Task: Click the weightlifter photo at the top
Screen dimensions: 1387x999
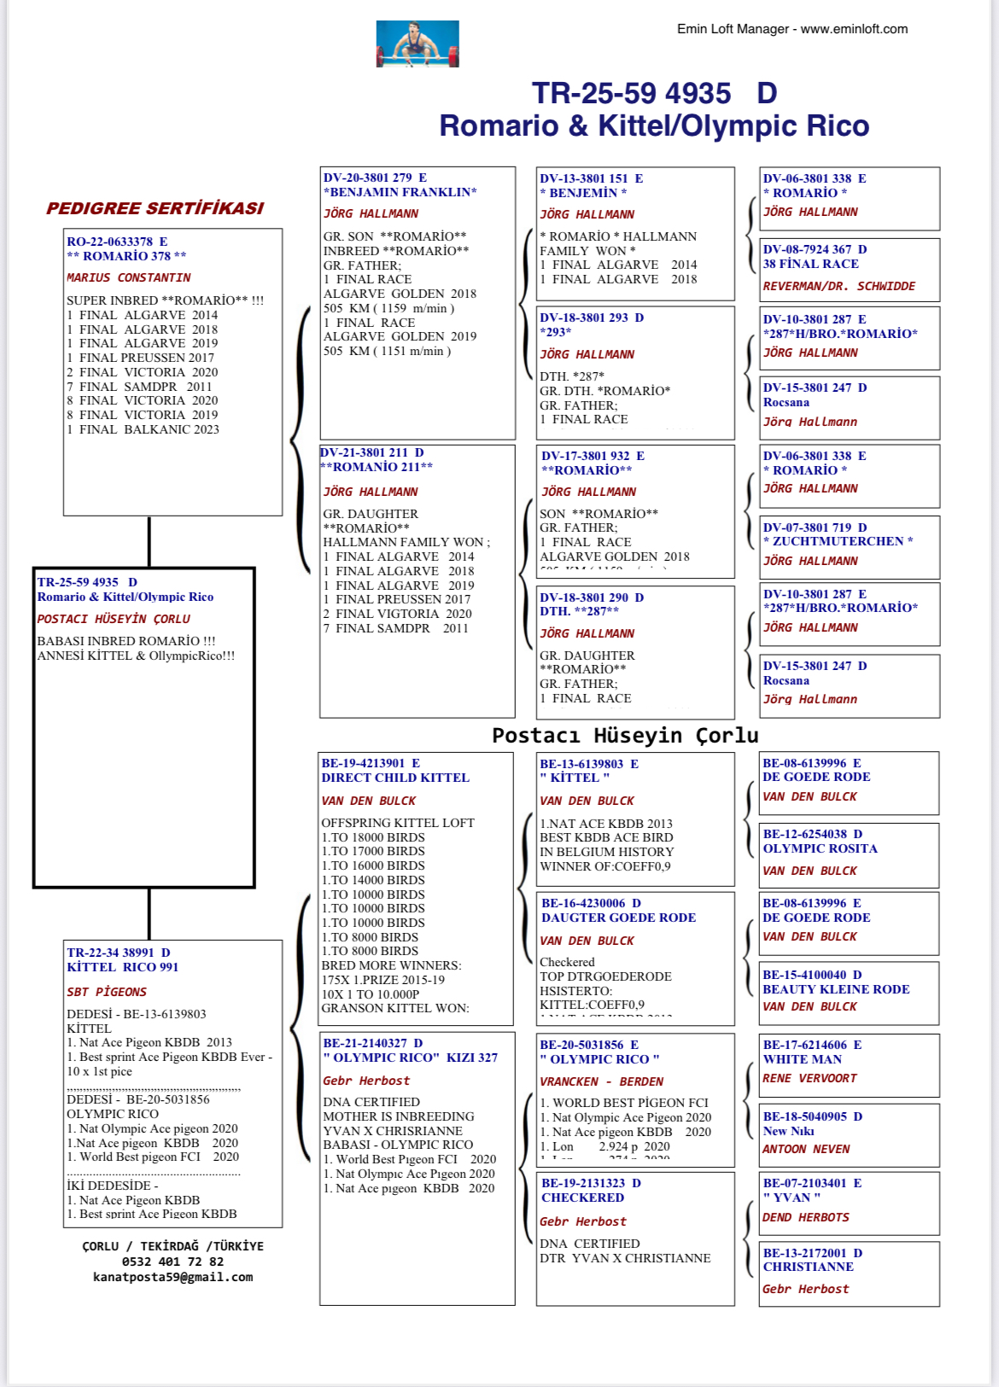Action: click(x=418, y=44)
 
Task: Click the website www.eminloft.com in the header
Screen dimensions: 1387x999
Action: click(x=854, y=29)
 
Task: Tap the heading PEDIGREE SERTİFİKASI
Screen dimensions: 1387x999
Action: click(x=155, y=208)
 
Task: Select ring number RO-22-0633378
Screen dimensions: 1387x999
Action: click(x=110, y=242)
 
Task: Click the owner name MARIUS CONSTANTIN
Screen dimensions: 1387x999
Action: click(x=129, y=277)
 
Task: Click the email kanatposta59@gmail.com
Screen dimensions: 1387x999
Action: click(x=172, y=1277)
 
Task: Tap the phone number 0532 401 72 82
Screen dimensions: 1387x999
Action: click(x=172, y=1262)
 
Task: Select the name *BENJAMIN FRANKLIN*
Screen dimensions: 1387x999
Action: click(x=400, y=192)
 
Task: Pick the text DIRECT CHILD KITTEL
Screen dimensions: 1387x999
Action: click(x=395, y=778)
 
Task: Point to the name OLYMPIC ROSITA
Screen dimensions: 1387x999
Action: click(x=820, y=848)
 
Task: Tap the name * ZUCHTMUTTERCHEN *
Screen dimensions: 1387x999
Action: click(x=838, y=541)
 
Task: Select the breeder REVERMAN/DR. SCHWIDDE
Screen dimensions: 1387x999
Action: click(x=838, y=286)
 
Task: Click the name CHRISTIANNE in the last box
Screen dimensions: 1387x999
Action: click(x=808, y=1267)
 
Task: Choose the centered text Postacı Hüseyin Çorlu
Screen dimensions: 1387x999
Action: click(x=625, y=735)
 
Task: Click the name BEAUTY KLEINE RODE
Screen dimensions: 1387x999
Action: click(x=836, y=989)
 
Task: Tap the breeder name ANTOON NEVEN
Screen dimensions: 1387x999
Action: click(x=806, y=1149)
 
